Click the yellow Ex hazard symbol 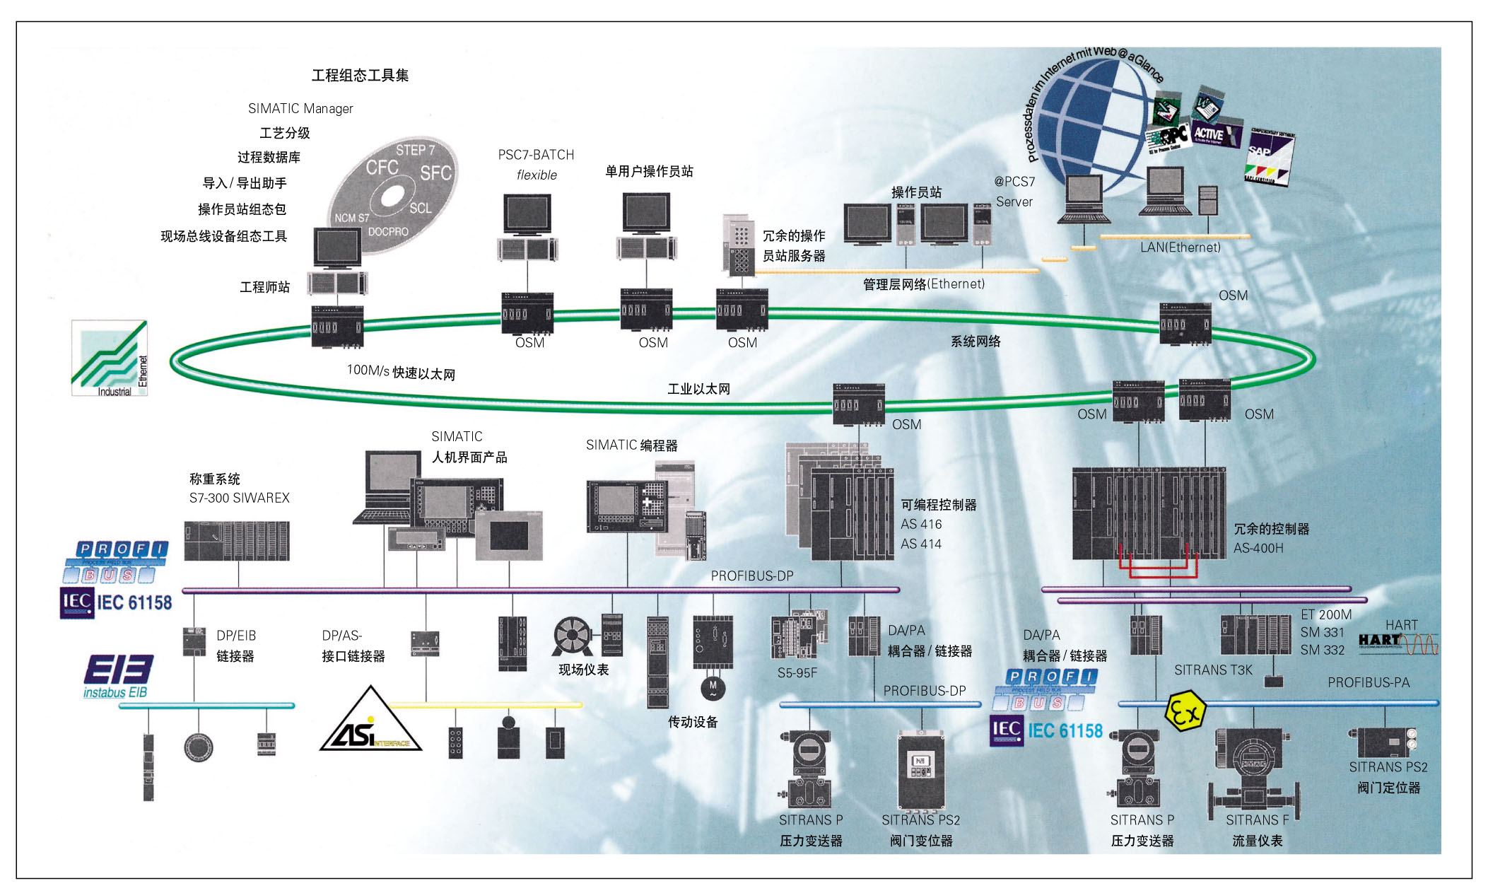[1185, 711]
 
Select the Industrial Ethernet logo [110, 358]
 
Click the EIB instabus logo [117, 676]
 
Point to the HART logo [1397, 641]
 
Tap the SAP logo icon [1270, 157]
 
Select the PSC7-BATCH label [536, 155]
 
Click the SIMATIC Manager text [300, 108]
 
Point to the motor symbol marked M [713, 688]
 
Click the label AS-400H [1258, 548]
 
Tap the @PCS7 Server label [1014, 192]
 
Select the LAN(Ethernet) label [1180, 247]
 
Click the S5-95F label [797, 673]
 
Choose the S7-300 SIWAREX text [239, 498]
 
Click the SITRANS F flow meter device [1253, 771]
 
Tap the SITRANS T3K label [1213, 670]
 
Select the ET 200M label [1325, 614]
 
